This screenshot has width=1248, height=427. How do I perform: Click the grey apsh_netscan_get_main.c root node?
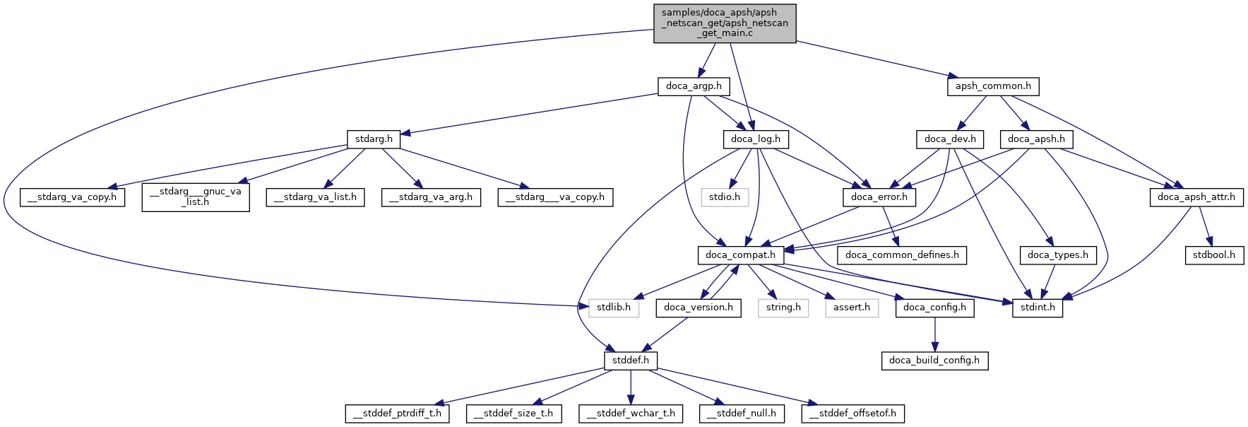725,23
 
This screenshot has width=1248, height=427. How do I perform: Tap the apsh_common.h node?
992,86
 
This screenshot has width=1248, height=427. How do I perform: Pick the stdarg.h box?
374,139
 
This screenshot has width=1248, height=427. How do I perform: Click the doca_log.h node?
755,139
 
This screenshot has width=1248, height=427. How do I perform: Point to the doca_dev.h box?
950,139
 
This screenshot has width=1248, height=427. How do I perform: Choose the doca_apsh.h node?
1036,139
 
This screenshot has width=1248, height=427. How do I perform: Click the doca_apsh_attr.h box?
1196,197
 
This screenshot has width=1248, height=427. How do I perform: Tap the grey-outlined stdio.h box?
725,197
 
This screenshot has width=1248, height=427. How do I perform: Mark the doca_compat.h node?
740,255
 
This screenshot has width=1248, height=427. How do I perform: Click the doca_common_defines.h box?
902,255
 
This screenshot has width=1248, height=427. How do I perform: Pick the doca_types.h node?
1058,255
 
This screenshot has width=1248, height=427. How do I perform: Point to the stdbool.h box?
1213,255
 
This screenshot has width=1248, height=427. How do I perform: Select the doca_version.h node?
699,308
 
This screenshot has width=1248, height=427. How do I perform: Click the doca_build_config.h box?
934,361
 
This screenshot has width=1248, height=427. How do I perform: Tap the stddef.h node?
631,361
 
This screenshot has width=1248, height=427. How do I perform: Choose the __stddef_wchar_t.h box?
631,414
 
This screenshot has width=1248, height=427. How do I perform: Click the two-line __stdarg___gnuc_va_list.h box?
196,197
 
